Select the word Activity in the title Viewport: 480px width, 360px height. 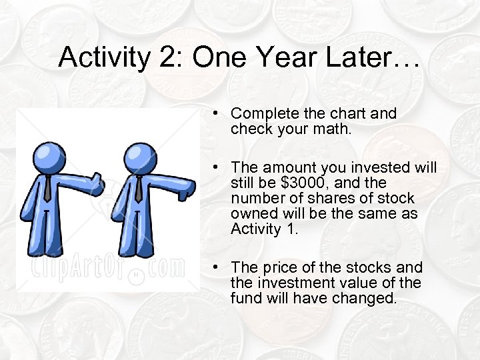pyautogui.click(x=103, y=59)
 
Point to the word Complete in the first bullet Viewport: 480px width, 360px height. pyautogui.click(x=262, y=114)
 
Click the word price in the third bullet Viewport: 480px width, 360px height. pyautogui.click(x=277, y=268)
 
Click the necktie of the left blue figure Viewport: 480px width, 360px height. pyautogui.click(x=47, y=188)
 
